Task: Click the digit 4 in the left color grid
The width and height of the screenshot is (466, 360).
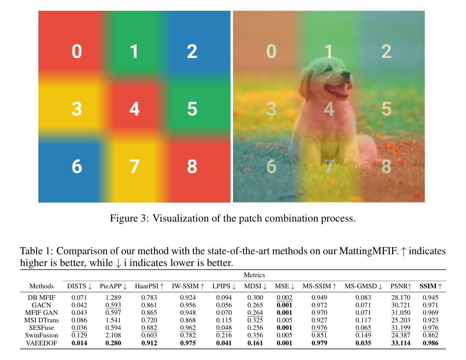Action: (134, 109)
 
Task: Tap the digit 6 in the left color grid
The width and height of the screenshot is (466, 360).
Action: (77, 166)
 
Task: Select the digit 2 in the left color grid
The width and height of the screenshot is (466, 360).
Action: (192, 51)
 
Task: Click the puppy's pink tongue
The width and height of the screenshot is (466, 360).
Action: (341, 92)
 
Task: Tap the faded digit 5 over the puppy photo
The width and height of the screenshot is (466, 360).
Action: (386, 109)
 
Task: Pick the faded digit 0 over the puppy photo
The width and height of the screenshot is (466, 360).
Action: (271, 51)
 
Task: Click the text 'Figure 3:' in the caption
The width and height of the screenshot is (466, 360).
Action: (129, 218)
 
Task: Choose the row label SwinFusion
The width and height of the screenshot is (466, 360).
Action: (42, 335)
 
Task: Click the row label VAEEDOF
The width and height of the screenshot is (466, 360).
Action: (42, 343)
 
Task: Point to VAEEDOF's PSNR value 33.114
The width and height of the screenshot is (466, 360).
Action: (400, 343)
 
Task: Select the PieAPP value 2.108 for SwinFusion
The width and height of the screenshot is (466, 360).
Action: (113, 335)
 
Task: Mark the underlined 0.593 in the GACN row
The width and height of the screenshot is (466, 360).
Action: (113, 305)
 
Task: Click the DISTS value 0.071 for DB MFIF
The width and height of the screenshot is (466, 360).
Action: (79, 298)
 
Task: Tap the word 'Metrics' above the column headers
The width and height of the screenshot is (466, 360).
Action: (254, 275)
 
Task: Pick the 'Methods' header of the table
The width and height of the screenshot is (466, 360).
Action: (42, 286)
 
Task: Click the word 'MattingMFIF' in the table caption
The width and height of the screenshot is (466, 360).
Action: (368, 251)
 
